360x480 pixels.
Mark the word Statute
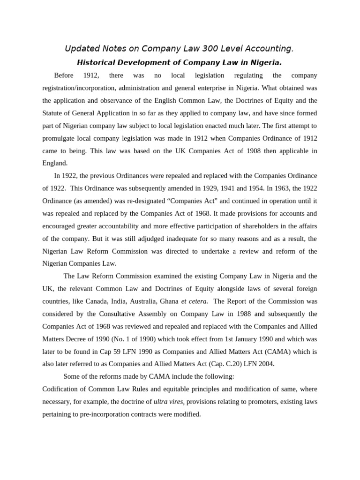[53, 113]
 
